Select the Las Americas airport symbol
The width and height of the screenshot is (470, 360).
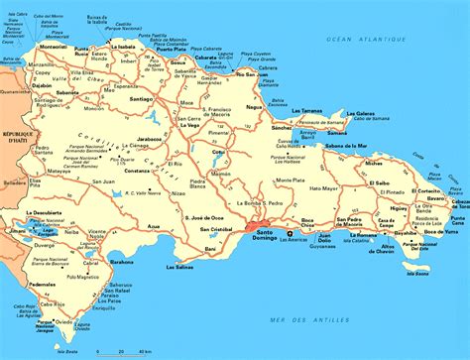pyautogui.click(x=289, y=235)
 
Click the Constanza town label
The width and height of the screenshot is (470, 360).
pyautogui.click(x=135, y=170)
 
